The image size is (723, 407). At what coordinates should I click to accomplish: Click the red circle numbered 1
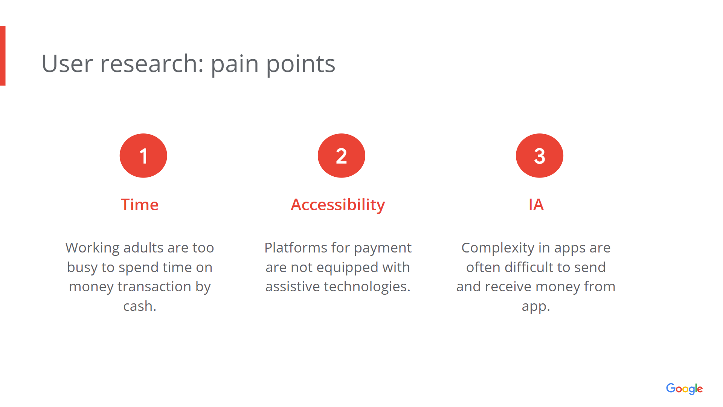pos(143,156)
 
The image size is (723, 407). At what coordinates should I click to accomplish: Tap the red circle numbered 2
pos(341,156)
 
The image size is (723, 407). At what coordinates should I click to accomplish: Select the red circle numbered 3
pos(539,156)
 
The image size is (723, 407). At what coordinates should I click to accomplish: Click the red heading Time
pos(140,205)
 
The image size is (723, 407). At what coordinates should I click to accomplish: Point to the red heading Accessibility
pos(338,205)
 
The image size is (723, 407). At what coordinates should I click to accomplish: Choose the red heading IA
pos(536,205)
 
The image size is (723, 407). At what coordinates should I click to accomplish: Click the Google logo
pos(684,389)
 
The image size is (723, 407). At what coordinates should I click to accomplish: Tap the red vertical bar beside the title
pos(3,56)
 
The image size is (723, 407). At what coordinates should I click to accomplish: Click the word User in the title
pos(67,63)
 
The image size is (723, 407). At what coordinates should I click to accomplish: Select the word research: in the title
pos(152,63)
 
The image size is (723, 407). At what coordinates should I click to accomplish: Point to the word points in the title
pos(300,64)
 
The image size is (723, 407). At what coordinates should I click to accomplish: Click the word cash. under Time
pos(140,306)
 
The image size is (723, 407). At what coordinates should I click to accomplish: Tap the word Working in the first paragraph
pos(93,248)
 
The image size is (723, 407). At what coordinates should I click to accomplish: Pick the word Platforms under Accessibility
pos(296,248)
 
